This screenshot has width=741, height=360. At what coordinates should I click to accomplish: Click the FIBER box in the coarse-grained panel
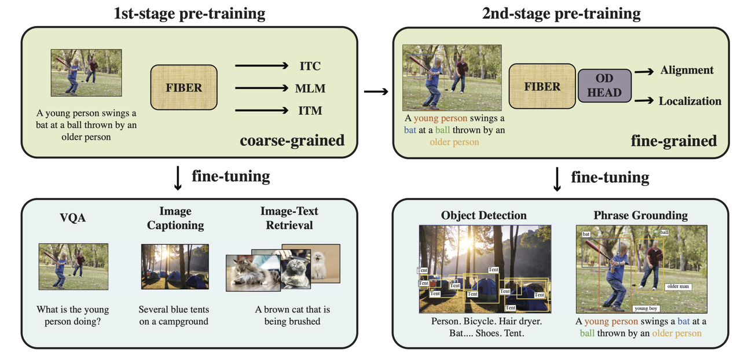(184, 87)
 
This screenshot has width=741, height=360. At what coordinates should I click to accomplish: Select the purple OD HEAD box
(604, 85)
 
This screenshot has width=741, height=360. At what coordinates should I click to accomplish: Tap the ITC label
(310, 66)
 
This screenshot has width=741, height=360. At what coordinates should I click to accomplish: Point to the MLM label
(310, 89)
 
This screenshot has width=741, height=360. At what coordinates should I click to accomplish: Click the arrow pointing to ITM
(261, 111)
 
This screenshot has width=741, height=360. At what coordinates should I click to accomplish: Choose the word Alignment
(687, 70)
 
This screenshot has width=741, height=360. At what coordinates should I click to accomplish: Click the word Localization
(689, 101)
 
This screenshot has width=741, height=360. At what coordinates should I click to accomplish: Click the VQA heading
(73, 218)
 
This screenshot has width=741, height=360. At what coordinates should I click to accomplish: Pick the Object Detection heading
(484, 215)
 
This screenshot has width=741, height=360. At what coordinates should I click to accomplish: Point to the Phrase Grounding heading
(640, 215)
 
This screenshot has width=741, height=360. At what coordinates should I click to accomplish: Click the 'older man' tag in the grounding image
(678, 286)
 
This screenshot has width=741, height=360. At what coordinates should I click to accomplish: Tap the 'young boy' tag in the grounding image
(646, 308)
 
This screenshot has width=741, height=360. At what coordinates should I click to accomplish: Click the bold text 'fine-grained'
(674, 140)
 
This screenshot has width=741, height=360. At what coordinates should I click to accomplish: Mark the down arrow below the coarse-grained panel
(178, 178)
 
